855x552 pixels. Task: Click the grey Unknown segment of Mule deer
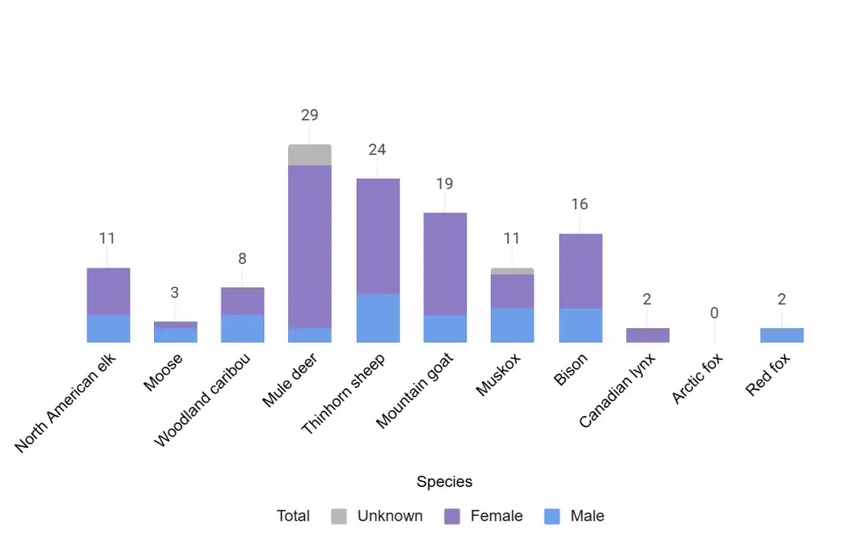click(310, 155)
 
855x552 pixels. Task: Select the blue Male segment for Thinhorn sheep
click(377, 318)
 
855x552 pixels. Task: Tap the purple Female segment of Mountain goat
click(445, 263)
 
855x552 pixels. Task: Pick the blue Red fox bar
click(781, 335)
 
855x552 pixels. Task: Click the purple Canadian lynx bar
click(647, 335)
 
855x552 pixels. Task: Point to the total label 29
click(310, 115)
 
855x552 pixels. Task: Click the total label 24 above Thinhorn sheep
click(377, 150)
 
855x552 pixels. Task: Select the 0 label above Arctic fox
click(714, 313)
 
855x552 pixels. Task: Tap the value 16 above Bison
click(580, 204)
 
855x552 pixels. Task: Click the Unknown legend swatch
click(339, 516)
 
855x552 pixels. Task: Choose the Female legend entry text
click(496, 516)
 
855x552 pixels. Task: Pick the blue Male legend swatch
click(552, 516)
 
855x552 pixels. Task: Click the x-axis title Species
click(445, 482)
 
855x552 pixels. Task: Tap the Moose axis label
click(163, 372)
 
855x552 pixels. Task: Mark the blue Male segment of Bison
click(580, 325)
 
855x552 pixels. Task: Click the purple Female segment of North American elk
click(108, 291)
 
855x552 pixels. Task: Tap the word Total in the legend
click(293, 516)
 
